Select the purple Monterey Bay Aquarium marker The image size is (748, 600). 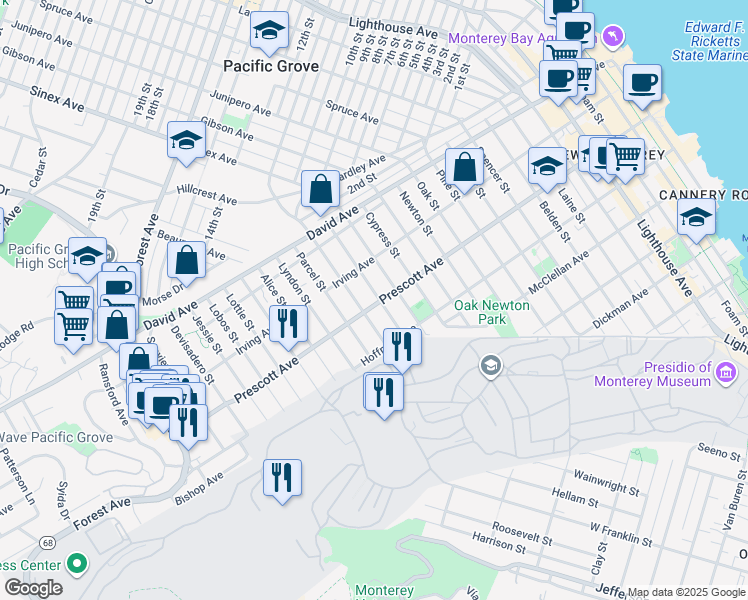tap(613, 38)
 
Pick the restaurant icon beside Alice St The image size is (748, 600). tap(288, 324)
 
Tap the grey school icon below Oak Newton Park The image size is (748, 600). tap(490, 367)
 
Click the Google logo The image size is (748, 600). tap(33, 588)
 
